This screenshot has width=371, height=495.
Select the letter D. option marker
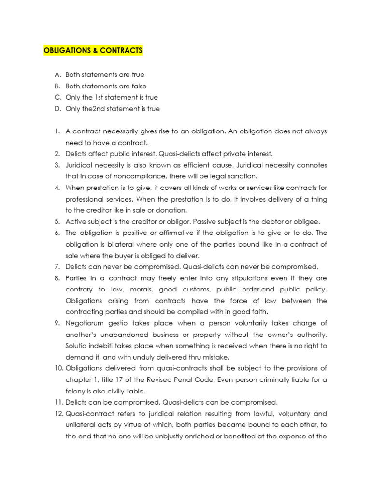point(58,109)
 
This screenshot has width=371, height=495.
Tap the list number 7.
point(57,267)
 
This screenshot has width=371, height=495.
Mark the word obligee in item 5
point(307,222)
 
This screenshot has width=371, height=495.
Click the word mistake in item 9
point(217,357)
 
